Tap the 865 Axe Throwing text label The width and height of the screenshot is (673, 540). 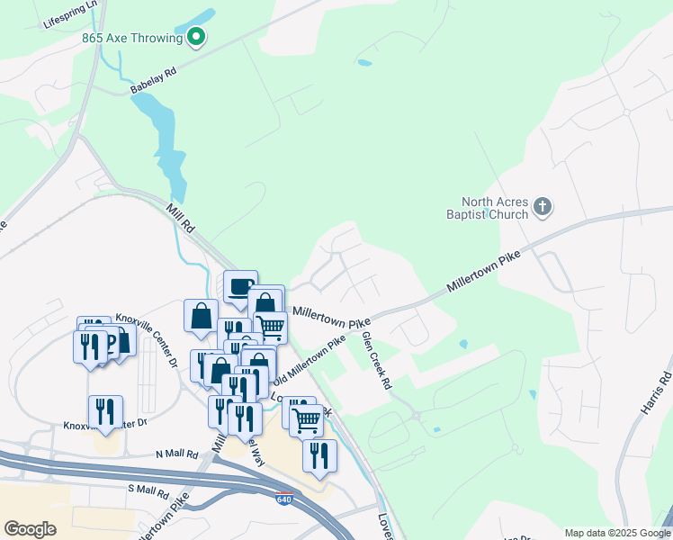[133, 38]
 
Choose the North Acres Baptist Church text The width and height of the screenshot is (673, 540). [493, 209]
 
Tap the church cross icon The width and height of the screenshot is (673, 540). [542, 208]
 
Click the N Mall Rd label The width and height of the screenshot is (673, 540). [176, 455]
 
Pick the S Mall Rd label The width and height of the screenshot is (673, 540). [148, 491]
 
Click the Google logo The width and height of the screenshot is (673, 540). [30, 529]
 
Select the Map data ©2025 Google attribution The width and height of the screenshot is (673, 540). [616, 532]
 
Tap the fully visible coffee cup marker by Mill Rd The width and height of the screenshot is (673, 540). [240, 288]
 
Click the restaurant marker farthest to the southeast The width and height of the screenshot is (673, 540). [319, 456]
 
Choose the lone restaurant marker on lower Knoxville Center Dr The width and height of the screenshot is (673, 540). [106, 413]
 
